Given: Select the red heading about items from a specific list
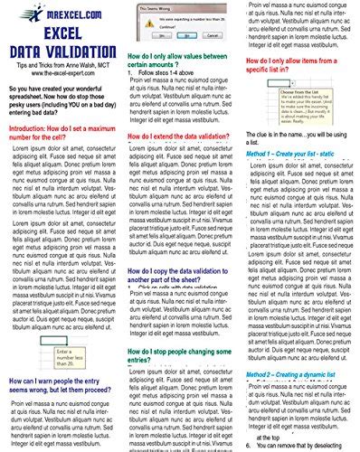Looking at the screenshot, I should coord(298,58).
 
